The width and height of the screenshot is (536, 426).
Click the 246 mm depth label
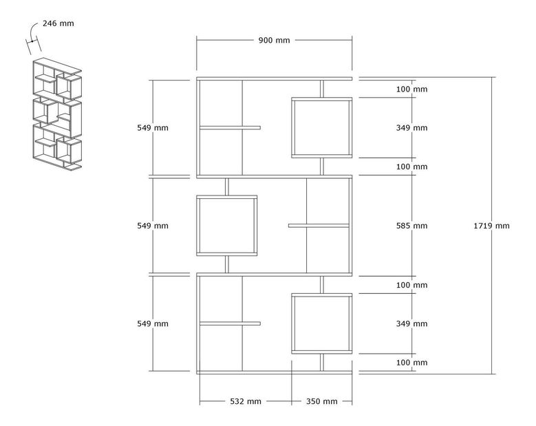(58, 23)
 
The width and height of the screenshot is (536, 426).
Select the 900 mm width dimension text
(274, 40)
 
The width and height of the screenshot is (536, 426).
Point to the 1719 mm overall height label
(492, 226)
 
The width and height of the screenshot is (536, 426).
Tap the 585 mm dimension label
(412, 226)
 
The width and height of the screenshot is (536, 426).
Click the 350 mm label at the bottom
(321, 401)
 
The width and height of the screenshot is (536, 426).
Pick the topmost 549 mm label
(153, 128)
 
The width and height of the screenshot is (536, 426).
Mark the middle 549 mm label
(153, 226)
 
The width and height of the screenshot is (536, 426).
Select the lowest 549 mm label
(153, 323)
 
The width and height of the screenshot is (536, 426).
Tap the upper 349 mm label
(412, 128)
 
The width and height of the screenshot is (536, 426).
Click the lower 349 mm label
(412, 323)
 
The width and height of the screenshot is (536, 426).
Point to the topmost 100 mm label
(412, 89)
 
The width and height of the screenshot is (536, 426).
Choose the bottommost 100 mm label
(412, 363)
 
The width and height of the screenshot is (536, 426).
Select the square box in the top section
(321, 128)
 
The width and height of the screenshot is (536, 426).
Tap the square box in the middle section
(227, 226)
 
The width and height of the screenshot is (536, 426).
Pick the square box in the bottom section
(321, 323)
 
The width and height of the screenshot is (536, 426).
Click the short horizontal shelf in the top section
(231, 127)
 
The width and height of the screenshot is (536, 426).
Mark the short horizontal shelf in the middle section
(319, 225)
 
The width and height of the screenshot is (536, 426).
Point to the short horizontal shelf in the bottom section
(231, 323)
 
